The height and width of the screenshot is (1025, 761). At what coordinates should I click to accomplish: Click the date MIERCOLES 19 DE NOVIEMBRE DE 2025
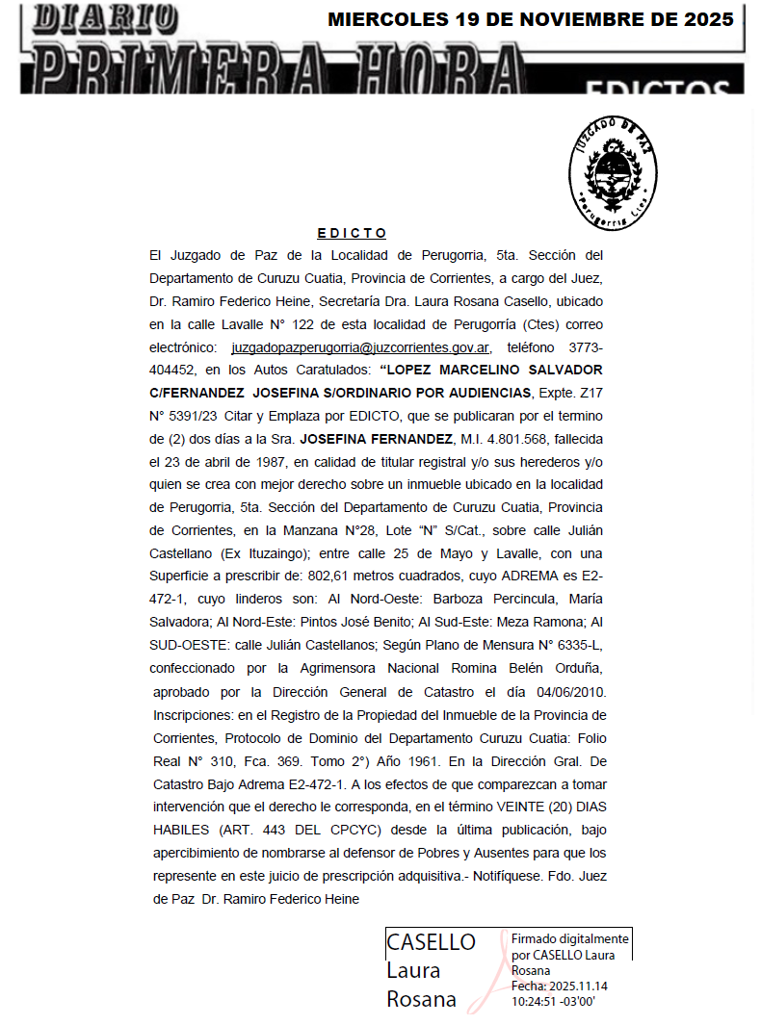531,19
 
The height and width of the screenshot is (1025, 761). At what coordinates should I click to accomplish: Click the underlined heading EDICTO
352,233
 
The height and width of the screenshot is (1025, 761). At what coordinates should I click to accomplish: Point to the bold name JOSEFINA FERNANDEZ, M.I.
368,439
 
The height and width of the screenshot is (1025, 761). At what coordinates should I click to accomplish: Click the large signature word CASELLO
431,942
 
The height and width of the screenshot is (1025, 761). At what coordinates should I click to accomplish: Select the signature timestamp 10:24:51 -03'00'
554,1001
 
